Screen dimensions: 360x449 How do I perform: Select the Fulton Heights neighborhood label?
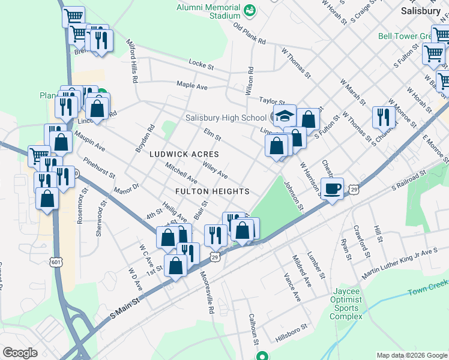pos(212,191)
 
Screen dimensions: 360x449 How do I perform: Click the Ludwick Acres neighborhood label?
pos(184,154)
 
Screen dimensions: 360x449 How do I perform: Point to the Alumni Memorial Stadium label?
pos(208,8)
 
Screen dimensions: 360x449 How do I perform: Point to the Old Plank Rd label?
pos(250,34)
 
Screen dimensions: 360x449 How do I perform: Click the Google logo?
pos(20,353)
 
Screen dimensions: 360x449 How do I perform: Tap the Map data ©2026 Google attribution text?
pos(411,355)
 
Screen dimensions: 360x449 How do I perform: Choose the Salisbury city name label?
pos(421,11)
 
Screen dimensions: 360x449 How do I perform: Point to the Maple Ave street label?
pos(191,86)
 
